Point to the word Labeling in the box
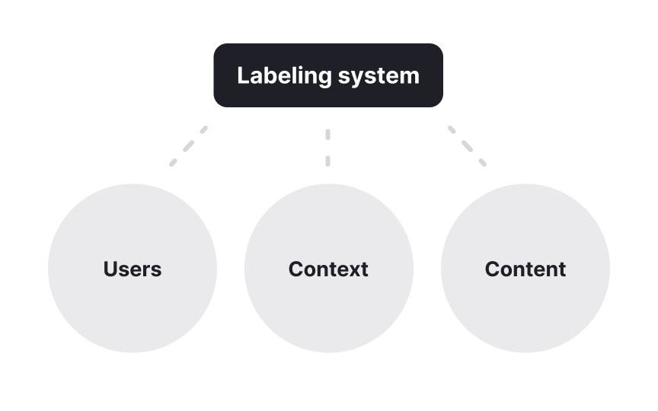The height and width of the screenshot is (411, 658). pyautogui.click(x=284, y=76)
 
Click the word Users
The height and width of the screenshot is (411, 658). pyautogui.click(x=133, y=269)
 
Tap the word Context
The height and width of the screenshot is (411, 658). pyautogui.click(x=328, y=269)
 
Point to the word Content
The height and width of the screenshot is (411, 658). pyautogui.click(x=525, y=269)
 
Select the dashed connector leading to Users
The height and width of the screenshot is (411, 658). pyautogui.click(x=188, y=145)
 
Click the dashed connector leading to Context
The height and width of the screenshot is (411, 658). pyautogui.click(x=327, y=147)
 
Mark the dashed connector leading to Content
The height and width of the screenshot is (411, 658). pyautogui.click(x=467, y=145)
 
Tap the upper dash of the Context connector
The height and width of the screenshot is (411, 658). pyautogui.click(x=327, y=135)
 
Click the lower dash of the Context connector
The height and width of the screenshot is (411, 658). pyautogui.click(x=327, y=161)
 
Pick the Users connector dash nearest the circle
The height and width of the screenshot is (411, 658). pyautogui.click(x=173, y=162)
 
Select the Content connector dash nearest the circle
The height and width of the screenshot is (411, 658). pyautogui.click(x=482, y=162)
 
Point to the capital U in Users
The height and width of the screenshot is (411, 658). pyautogui.click(x=110, y=269)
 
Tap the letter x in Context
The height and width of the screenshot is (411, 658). pyautogui.click(x=353, y=270)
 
